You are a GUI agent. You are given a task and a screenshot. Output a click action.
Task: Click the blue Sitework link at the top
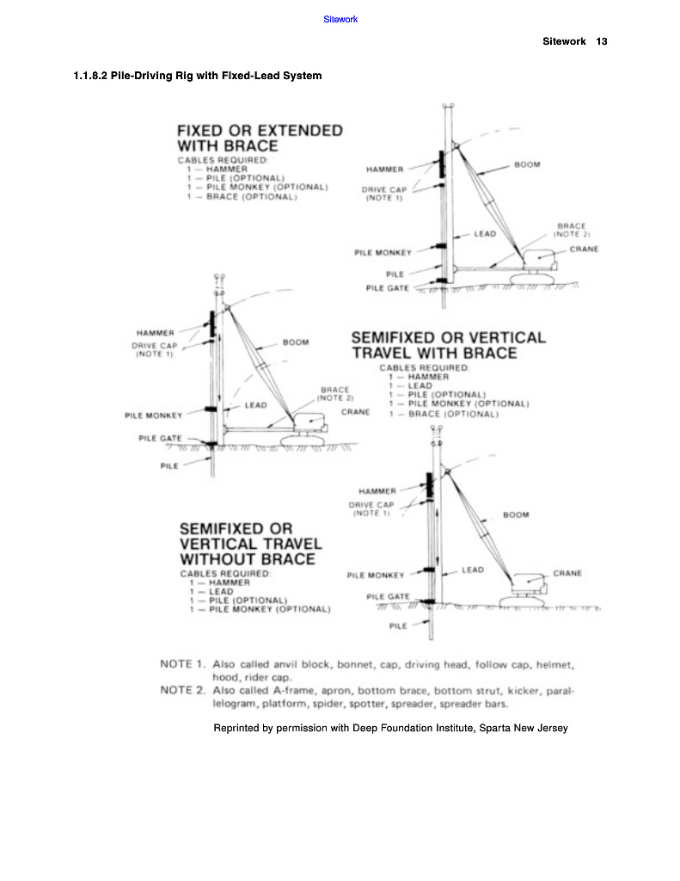[x=340, y=19]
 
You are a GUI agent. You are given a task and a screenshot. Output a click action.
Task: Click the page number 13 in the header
[x=601, y=41]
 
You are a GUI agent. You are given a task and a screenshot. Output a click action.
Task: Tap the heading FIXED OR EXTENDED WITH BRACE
[x=259, y=138]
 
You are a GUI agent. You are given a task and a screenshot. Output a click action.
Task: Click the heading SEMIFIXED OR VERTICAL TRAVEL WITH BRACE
[x=448, y=345]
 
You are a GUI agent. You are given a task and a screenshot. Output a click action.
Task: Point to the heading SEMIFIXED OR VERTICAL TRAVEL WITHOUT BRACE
[x=250, y=544]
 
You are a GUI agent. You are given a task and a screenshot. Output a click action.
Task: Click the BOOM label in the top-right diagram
[x=527, y=165]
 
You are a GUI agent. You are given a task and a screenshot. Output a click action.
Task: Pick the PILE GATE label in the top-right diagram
[x=388, y=288]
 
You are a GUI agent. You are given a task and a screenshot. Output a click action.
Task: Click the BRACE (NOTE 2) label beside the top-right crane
[x=571, y=230]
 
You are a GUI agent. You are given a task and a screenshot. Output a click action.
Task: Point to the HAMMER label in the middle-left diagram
[x=156, y=332]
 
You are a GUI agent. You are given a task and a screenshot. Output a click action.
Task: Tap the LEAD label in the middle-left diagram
[x=255, y=404]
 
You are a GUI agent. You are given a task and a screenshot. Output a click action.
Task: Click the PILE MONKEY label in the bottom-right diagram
[x=375, y=575]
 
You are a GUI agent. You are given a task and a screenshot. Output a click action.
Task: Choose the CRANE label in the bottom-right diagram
[x=567, y=573]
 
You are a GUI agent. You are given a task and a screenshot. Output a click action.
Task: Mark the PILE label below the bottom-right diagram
[x=398, y=625]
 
